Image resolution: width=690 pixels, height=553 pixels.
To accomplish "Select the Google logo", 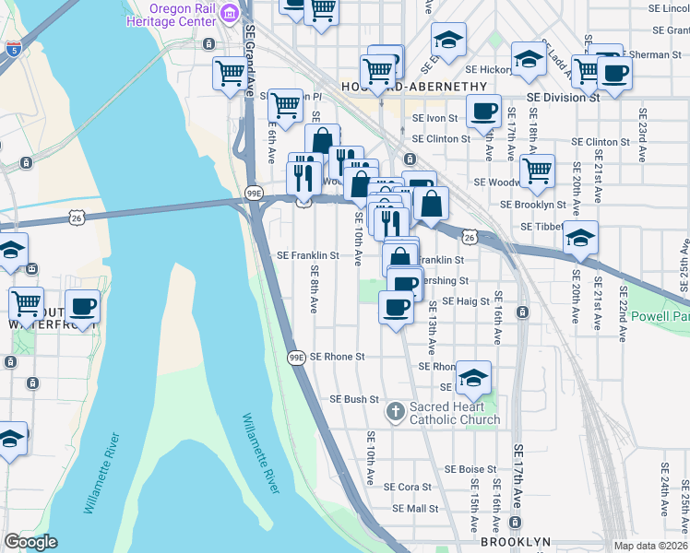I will pos(30,542).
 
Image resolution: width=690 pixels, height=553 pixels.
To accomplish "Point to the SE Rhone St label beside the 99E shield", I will pos(338,356).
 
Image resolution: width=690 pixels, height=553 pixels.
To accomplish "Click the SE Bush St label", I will pos(355,399).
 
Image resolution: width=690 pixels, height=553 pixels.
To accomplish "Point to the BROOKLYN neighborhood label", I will pos(516,542).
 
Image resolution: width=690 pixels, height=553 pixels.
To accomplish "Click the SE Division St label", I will pos(563,97).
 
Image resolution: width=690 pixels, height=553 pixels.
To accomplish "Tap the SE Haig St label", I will pos(463,300).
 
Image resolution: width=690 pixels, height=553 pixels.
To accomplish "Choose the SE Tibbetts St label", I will pos(542,227).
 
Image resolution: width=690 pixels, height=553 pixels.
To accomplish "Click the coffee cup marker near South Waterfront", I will pos(82,307).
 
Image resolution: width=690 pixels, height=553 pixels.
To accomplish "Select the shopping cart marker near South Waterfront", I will pos(27,301).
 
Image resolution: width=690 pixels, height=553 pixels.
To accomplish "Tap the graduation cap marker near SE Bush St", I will pos(473,378).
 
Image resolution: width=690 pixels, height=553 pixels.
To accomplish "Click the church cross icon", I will pos(396,410).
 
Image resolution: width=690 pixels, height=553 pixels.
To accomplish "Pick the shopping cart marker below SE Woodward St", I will pos(536,170).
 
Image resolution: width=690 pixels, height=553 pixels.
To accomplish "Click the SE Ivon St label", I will pos(434,118).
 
